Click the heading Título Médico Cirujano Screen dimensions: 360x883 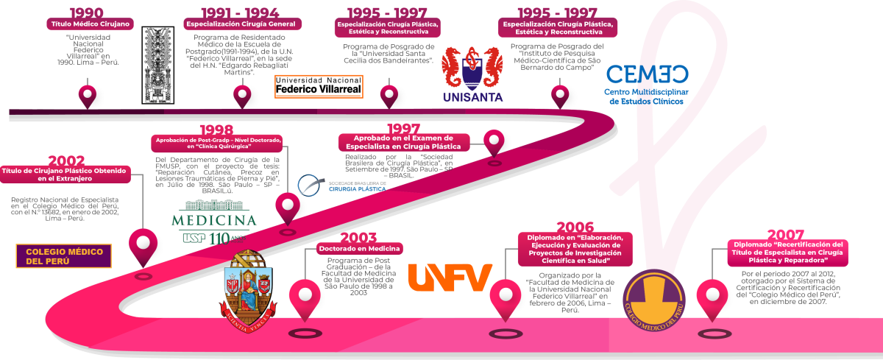tap(90, 24)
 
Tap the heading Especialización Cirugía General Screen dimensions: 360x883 tap(241, 24)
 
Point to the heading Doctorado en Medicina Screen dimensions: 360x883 tap(361, 249)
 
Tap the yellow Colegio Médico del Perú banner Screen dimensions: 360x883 tap(63, 255)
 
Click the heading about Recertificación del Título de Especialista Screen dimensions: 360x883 tap(787, 252)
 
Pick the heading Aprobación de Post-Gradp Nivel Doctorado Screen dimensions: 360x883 tap(216, 144)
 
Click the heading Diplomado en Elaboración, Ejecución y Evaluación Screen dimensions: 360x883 tap(575, 248)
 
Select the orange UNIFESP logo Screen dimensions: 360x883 tap(449, 278)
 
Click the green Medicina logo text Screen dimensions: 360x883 tap(213, 219)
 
